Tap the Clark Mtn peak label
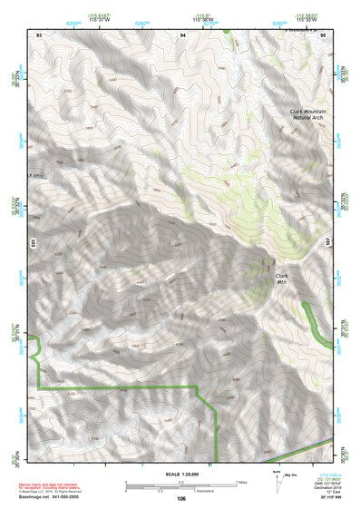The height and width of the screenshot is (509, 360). [281, 278]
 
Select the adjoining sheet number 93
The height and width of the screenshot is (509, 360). [39, 34]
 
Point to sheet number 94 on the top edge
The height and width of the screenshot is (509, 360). [182, 34]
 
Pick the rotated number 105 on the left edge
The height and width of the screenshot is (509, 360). [31, 243]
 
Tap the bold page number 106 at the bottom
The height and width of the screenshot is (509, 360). [181, 498]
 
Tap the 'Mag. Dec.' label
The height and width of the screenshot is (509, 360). [291, 474]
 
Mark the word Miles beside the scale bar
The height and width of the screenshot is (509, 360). [241, 482]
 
